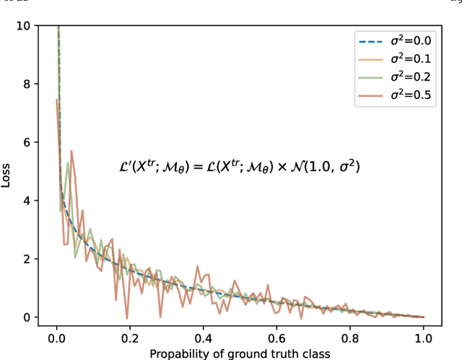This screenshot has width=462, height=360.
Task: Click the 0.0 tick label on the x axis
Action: [56, 337]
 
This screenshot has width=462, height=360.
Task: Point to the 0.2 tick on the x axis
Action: [130, 337]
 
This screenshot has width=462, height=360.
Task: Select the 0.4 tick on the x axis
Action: [204, 337]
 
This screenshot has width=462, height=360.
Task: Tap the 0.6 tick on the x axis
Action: [276, 337]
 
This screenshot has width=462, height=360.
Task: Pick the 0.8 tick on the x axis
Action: [350, 337]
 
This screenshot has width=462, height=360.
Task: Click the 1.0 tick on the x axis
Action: [424, 337]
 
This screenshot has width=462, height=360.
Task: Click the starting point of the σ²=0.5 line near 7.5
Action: [56, 100]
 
